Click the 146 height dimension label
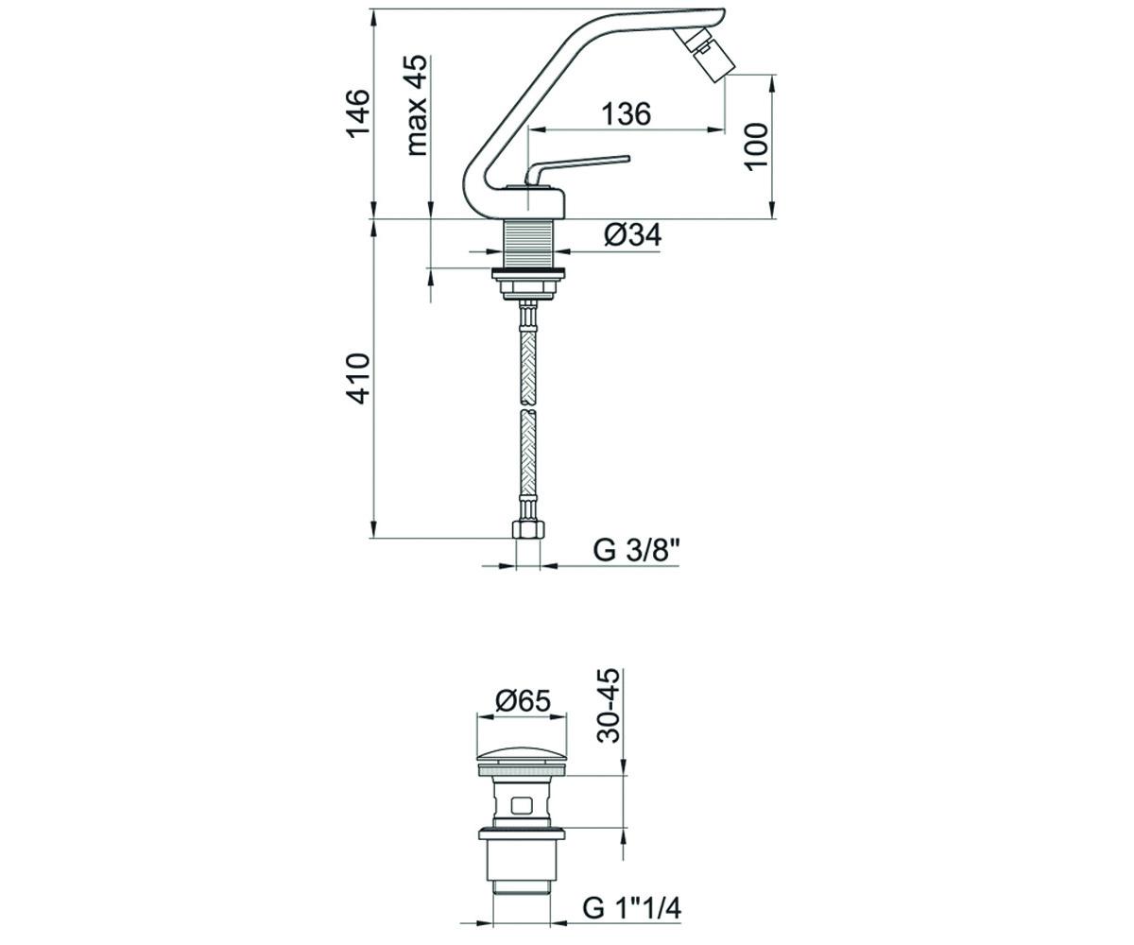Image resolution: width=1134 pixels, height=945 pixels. [359, 114]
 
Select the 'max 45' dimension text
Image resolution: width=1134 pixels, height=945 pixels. [417, 105]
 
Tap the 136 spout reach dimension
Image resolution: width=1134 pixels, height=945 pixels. [626, 113]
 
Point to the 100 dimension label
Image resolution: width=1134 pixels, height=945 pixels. [756, 147]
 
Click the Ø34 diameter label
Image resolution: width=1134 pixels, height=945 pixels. [633, 235]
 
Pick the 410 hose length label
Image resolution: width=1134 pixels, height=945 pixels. [359, 379]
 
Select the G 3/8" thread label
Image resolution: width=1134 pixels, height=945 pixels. [636, 550]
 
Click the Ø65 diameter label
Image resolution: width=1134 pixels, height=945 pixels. [523, 701]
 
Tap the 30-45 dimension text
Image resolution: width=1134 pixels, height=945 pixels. [609, 706]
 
